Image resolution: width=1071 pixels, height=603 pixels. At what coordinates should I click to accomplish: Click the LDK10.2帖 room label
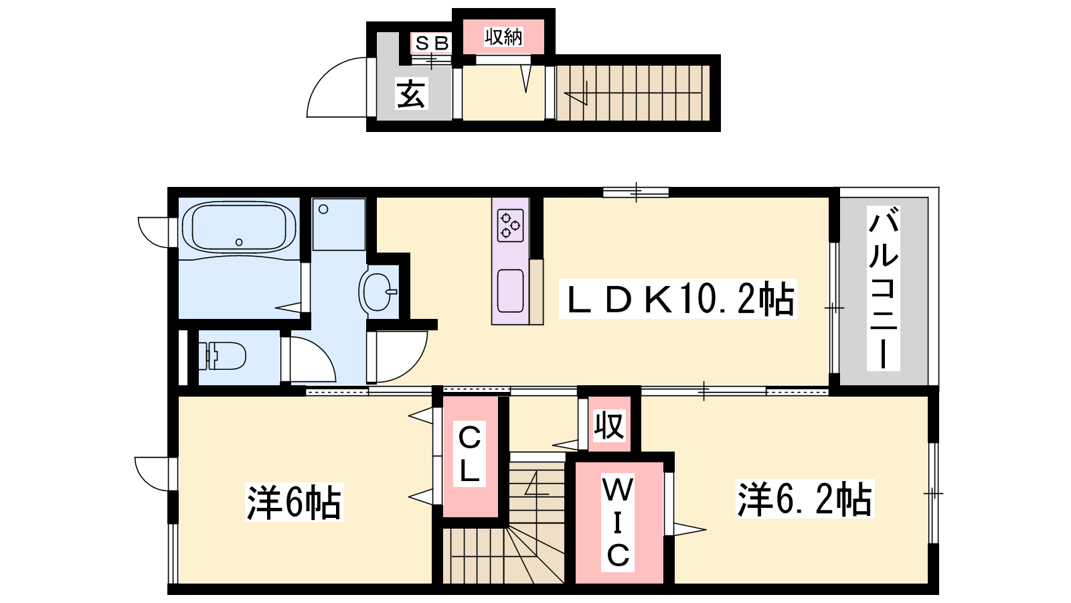pos(678,299)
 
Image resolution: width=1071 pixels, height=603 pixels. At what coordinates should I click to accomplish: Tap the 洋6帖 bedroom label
pos(294,502)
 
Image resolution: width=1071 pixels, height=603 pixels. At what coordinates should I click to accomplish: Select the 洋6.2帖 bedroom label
pos(805,498)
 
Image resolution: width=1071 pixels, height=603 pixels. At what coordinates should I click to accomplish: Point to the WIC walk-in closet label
pos(618,523)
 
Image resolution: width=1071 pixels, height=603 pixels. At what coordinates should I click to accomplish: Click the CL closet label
pos(469,454)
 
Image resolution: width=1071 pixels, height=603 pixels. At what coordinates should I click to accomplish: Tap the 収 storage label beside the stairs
pos(609,425)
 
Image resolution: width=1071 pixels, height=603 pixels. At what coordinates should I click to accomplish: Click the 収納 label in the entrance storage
pos(503,37)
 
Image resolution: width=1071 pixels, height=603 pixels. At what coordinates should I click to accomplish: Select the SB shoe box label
pos(432,43)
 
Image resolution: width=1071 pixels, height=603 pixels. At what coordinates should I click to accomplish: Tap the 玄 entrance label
pos(411,94)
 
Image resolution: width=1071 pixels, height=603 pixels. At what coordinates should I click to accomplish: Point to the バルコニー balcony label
pos(884,288)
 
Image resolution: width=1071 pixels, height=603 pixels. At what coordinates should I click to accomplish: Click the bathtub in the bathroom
pos(238,228)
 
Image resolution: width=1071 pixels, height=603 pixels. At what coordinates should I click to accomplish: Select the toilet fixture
pos(222,356)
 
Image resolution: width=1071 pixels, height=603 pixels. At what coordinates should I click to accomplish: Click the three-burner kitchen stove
pos(510,225)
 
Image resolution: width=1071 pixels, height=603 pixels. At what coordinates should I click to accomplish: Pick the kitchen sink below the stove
pos(510,291)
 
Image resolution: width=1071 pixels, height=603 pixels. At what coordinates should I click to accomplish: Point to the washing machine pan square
pos(339,224)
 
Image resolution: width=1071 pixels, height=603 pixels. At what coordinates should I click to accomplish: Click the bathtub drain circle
pos(239,242)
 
